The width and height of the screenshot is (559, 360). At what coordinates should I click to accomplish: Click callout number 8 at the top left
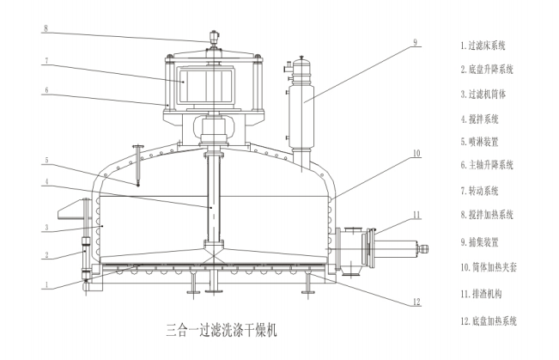click(46, 28)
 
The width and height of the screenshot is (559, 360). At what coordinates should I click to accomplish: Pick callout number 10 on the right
click(415, 154)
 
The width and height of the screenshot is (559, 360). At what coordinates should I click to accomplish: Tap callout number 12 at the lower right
click(415, 302)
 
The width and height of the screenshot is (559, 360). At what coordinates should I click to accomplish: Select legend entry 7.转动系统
click(482, 191)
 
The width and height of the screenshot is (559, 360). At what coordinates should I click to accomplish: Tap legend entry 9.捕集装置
click(482, 241)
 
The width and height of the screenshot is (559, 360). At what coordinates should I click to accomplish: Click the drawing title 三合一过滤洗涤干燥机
click(219, 329)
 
